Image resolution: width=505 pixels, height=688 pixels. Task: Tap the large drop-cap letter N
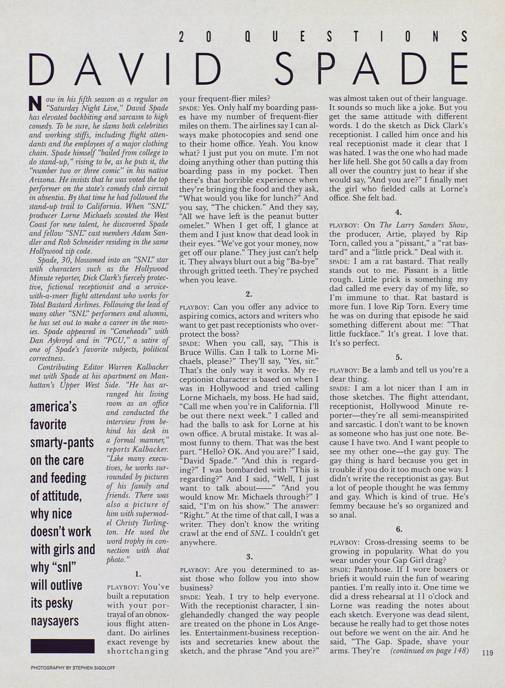pyautogui.click(x=35, y=104)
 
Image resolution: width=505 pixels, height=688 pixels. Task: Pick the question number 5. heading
pyautogui.click(x=398, y=357)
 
